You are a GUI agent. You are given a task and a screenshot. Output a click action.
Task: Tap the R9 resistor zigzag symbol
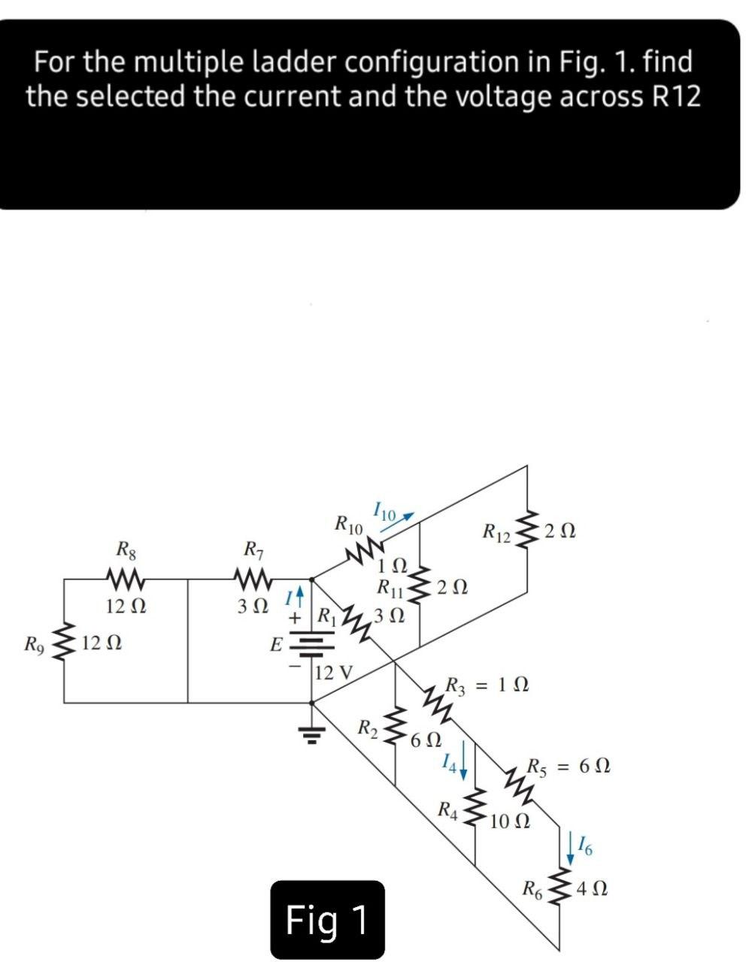click(65, 643)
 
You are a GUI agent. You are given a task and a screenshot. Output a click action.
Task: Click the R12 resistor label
click(496, 536)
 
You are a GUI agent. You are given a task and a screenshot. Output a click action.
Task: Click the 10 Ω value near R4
click(511, 821)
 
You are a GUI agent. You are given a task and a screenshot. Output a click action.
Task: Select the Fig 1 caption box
click(328, 920)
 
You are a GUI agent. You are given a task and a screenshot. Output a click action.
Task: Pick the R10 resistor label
click(348, 524)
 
